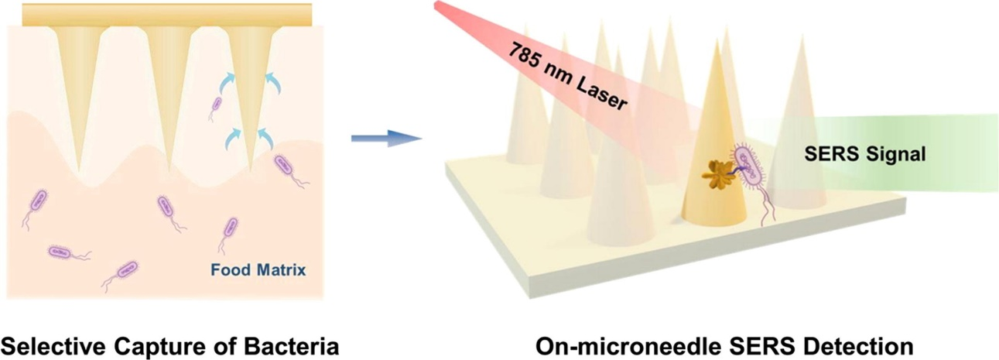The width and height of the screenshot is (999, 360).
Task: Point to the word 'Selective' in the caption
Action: pyautogui.click(x=53, y=345)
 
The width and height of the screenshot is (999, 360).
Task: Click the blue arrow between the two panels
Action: pyautogui.click(x=384, y=138)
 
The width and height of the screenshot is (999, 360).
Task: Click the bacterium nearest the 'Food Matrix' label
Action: pyautogui.click(x=229, y=228)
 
